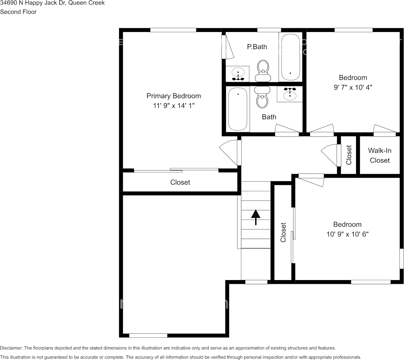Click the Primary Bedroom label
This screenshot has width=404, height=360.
(173, 96)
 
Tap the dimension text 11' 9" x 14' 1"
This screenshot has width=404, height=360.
(173, 106)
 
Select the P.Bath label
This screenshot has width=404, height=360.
(257, 47)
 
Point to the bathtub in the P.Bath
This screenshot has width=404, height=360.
(290, 57)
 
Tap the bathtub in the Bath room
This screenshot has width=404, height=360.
(238, 109)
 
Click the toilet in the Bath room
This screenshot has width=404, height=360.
(262, 97)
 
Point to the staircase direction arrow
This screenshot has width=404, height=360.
(255, 217)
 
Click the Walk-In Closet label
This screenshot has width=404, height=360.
(380, 156)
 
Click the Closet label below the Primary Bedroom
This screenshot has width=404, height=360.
(180, 182)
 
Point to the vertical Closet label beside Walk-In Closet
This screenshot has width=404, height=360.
(349, 155)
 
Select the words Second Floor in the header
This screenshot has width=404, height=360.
(18, 12)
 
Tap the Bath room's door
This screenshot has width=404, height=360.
(287, 130)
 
